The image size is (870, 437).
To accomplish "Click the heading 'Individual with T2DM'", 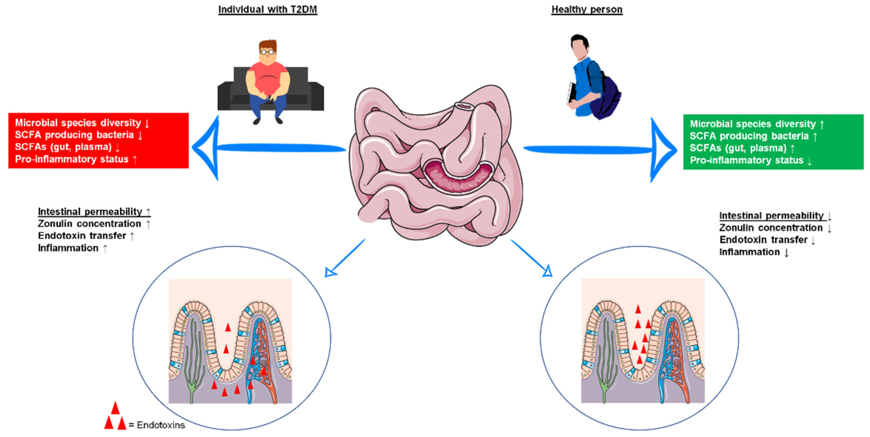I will [x=268, y=9].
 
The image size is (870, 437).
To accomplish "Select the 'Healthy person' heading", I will [x=587, y=9].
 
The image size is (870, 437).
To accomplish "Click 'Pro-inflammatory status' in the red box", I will [x=72, y=159].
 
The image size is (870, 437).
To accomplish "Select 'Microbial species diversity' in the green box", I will [x=752, y=124].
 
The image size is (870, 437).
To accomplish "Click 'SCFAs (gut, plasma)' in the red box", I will [x=63, y=147].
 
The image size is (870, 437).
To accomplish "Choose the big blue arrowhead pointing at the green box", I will [x=663, y=150].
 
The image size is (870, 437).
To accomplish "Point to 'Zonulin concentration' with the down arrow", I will [x=771, y=228].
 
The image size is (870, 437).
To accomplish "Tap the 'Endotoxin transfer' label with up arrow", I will [x=82, y=236].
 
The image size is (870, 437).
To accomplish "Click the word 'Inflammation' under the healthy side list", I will [x=749, y=252].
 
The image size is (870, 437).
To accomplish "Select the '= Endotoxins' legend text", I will [x=157, y=425].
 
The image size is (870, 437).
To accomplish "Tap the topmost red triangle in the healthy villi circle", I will [x=638, y=309].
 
